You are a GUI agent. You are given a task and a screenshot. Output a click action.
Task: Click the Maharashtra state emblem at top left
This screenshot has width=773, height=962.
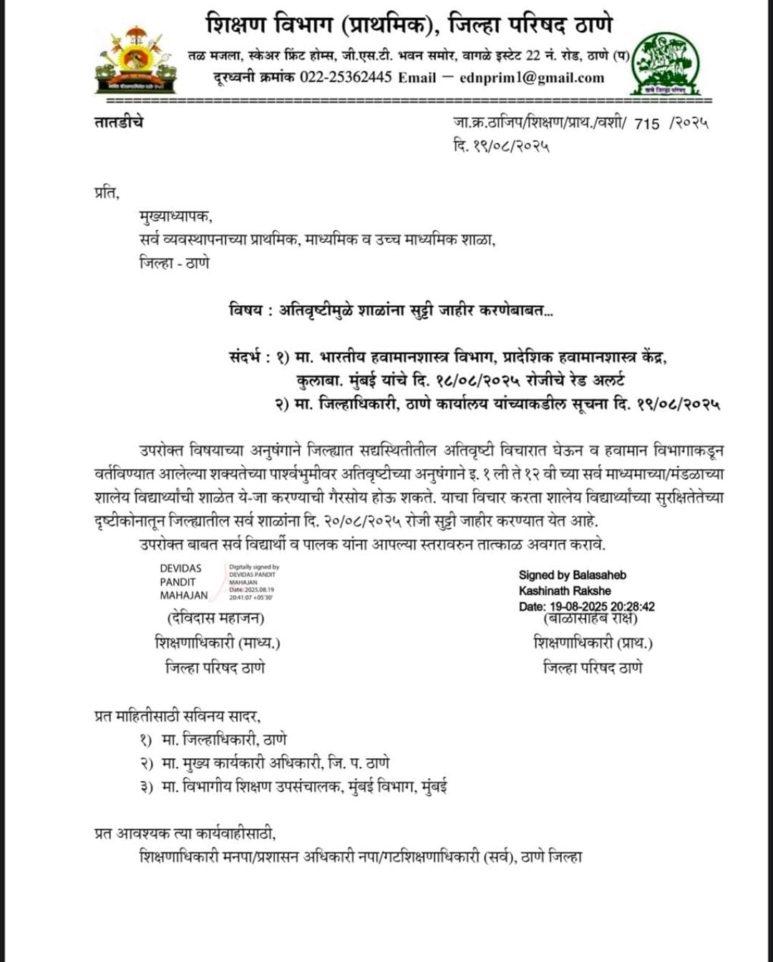(135, 60)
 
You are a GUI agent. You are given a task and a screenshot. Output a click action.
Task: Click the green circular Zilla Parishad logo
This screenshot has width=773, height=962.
(666, 63)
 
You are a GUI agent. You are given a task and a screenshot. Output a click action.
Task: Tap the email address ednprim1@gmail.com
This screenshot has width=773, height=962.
(532, 77)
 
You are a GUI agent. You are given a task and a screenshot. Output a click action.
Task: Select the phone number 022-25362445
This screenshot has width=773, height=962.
(346, 77)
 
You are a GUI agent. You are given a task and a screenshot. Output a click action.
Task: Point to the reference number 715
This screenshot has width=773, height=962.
(646, 124)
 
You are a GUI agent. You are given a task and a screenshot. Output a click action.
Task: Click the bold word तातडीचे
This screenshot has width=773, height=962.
(119, 122)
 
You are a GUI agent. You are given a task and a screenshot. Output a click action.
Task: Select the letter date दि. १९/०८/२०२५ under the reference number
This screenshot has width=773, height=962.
(501, 146)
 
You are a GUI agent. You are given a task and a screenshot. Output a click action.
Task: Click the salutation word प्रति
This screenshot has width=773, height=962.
(107, 192)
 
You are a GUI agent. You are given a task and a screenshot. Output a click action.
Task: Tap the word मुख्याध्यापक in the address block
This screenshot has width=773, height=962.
(175, 216)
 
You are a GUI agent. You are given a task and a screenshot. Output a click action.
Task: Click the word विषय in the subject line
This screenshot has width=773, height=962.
(246, 310)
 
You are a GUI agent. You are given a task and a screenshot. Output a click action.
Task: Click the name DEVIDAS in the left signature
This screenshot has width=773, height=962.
(180, 569)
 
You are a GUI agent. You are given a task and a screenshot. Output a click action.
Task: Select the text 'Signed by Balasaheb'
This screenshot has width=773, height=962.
(573, 575)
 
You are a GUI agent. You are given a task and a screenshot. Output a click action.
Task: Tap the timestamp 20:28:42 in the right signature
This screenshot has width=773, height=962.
(632, 607)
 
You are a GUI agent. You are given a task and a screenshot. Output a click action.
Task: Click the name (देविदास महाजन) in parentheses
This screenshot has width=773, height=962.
(215, 617)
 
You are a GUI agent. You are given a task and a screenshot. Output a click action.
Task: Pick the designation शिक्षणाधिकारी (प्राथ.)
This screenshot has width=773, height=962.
(593, 642)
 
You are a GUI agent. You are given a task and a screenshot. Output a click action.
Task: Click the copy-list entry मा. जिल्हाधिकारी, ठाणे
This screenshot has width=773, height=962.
(224, 740)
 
